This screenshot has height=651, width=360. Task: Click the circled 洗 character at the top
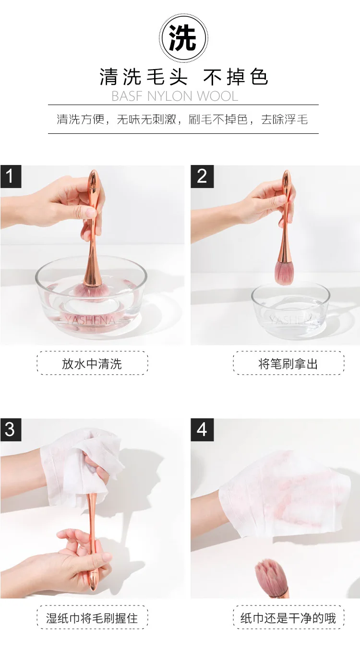[x=183, y=38]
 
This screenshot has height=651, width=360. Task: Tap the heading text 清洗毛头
[x=144, y=77]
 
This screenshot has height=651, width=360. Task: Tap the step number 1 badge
[x=11, y=177]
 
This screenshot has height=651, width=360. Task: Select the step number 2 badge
[x=202, y=177]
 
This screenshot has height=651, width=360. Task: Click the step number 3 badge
[x=11, y=430]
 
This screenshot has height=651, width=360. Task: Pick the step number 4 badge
[x=202, y=430]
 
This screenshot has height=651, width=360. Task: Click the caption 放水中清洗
[x=92, y=364]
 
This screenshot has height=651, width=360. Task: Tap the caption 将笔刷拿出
[x=288, y=364]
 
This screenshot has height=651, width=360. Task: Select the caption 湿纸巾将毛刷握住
[x=92, y=618]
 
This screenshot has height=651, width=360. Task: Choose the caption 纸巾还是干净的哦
[x=288, y=618]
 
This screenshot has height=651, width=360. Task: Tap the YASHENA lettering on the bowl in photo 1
[x=90, y=320]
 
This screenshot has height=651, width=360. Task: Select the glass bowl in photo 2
[x=290, y=310]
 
